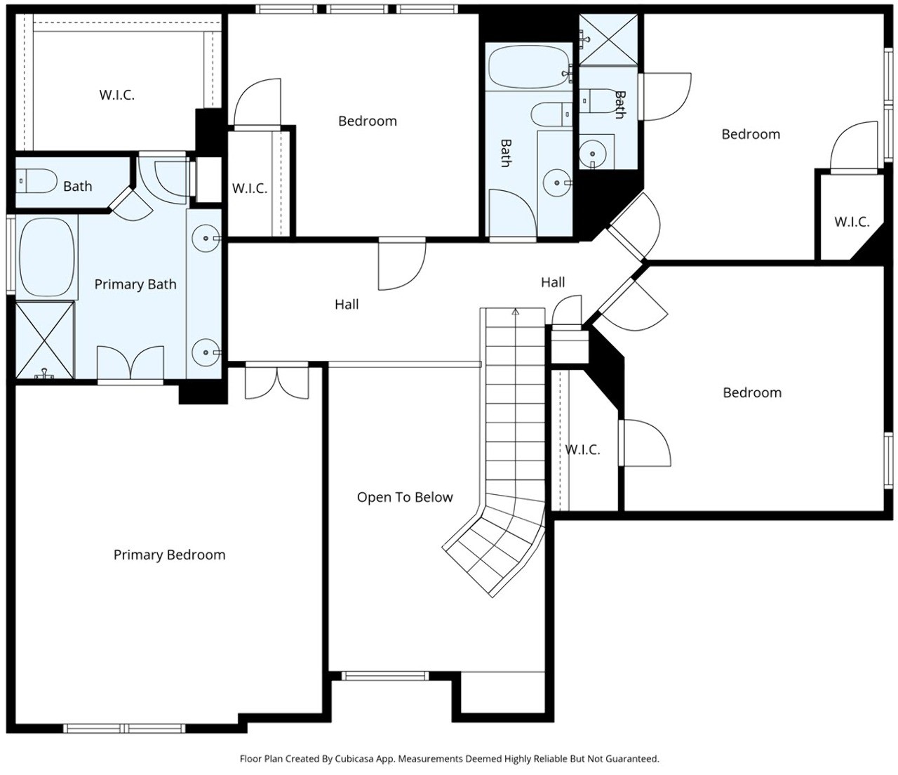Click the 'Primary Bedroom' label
pyautogui.click(x=170, y=555)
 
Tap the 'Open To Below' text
pyautogui.click(x=405, y=497)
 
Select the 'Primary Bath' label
pyautogui.click(x=135, y=284)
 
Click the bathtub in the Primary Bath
pyautogui.click(x=46, y=257)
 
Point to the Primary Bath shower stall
pyautogui.click(x=45, y=340)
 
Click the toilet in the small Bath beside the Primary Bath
pyautogui.click(x=36, y=181)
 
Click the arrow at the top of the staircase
pyautogui.click(x=516, y=311)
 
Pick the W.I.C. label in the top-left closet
pyautogui.click(x=117, y=95)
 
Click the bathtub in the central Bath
pyautogui.click(x=528, y=67)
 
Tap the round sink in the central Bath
pyautogui.click(x=557, y=183)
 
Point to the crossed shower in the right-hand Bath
pyautogui.click(x=609, y=39)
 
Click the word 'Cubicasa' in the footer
pyautogui.click(x=352, y=760)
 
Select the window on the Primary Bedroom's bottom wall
pyautogui.click(x=124, y=729)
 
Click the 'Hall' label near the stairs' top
pyautogui.click(x=553, y=282)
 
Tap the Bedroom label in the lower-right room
pyautogui.click(x=752, y=393)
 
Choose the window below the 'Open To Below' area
pyautogui.click(x=385, y=676)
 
